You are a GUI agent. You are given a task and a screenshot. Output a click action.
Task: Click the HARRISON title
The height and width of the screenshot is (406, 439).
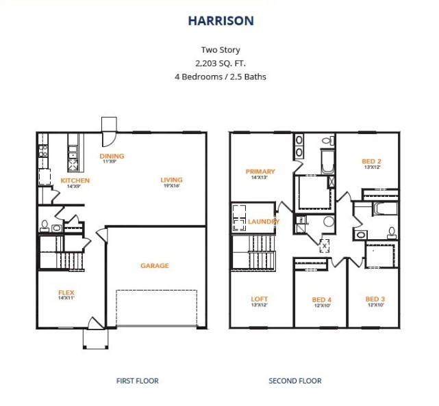(221, 21)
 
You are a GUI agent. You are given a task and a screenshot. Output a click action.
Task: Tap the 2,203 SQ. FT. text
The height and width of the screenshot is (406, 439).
(221, 64)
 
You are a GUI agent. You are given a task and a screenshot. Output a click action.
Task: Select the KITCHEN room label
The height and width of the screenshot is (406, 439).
(75, 180)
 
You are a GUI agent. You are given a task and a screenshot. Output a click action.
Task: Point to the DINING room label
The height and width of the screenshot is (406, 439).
(112, 157)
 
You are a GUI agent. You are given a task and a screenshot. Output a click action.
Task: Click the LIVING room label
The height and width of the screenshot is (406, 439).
(171, 180)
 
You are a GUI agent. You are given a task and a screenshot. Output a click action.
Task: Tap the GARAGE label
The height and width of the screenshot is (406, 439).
(155, 265)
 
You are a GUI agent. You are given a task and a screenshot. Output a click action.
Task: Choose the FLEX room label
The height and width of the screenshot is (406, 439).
(66, 293)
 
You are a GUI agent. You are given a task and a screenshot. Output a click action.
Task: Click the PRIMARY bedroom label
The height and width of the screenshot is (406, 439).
(260, 172)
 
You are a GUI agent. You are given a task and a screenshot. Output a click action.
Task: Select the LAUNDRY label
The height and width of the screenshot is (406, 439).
(264, 221)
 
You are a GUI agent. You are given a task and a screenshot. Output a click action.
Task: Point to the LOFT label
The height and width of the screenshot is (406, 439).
(260, 299)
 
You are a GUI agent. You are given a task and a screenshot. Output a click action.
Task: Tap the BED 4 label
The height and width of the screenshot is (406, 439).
(322, 300)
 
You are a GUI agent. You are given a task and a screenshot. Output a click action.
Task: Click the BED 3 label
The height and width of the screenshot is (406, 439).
(375, 299)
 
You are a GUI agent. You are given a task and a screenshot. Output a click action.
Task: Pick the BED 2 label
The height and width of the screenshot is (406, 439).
(371, 161)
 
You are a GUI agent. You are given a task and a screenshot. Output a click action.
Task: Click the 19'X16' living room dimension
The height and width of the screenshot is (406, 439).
(171, 185)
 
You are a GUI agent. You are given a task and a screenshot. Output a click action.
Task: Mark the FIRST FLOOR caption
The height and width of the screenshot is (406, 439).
(137, 381)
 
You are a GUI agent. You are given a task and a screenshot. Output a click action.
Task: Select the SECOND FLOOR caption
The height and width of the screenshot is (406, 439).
(295, 381)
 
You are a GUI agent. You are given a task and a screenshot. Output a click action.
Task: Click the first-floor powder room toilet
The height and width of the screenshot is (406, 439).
(45, 226)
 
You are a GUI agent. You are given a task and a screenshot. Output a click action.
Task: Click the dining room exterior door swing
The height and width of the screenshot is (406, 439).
(109, 139)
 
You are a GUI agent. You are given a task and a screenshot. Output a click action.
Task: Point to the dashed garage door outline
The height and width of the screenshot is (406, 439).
(157, 308)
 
